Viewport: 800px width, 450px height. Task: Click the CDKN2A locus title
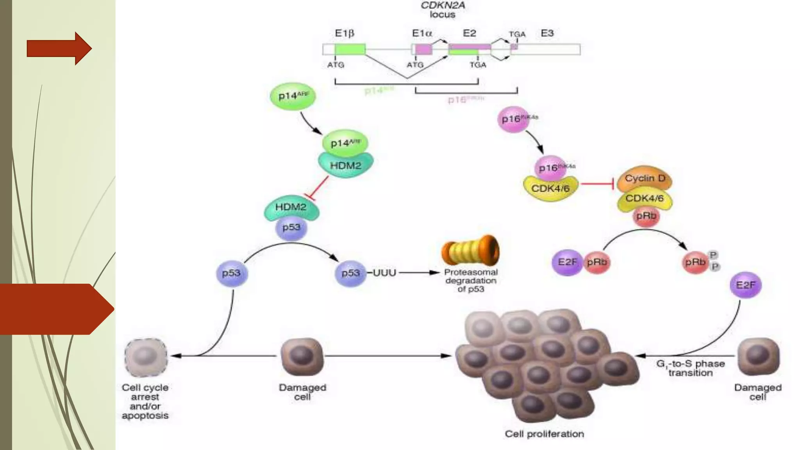click(x=443, y=10)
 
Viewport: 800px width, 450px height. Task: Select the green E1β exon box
click(x=350, y=49)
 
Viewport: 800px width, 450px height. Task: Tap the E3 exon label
click(x=547, y=33)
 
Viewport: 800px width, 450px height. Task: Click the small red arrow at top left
click(x=59, y=48)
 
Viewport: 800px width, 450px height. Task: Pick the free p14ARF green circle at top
click(x=293, y=96)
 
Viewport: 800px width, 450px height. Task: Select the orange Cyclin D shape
click(x=645, y=179)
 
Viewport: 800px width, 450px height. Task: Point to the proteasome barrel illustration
click(x=470, y=250)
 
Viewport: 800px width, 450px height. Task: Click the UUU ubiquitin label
click(x=384, y=273)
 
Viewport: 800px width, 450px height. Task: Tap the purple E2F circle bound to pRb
click(x=567, y=262)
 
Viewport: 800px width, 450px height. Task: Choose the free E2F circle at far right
click(x=745, y=285)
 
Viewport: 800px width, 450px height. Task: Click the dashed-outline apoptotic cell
click(x=146, y=357)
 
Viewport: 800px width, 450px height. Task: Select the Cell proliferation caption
click(x=544, y=434)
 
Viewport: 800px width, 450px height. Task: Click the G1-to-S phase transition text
click(x=690, y=368)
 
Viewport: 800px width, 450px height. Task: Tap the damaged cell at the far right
click(x=758, y=357)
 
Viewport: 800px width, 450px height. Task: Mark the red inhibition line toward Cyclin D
click(x=597, y=184)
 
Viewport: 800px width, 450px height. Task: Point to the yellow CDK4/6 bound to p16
click(x=550, y=189)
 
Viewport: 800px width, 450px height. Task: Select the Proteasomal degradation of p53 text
click(x=471, y=280)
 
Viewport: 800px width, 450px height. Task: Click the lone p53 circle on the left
click(x=232, y=273)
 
